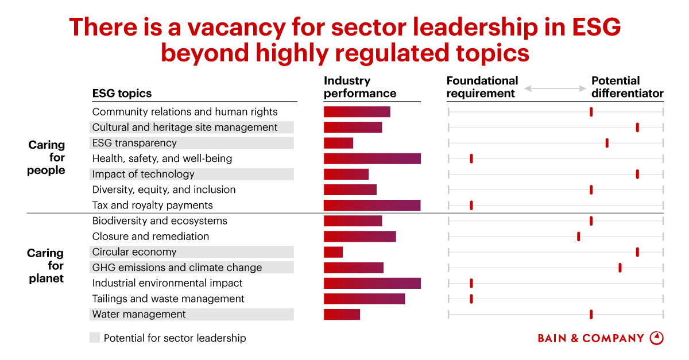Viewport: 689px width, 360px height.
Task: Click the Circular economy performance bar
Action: click(333, 252)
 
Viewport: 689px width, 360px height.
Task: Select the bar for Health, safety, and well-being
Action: click(372, 158)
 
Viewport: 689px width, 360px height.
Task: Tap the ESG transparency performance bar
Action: click(338, 143)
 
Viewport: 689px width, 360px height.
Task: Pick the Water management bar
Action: click(342, 314)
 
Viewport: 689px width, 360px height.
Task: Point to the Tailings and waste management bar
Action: click(364, 299)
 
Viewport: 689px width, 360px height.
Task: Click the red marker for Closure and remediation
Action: click(578, 237)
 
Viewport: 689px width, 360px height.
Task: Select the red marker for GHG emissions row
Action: click(620, 268)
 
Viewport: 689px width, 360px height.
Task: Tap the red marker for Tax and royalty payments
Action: click(471, 206)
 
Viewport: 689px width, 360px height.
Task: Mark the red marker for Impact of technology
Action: click(637, 174)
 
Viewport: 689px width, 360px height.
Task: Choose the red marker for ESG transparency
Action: click(607, 143)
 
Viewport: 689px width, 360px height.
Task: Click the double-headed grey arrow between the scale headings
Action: click(555, 88)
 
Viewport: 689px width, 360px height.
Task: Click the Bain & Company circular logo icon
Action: click(656, 338)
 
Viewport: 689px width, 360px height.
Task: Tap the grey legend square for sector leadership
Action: click(95, 338)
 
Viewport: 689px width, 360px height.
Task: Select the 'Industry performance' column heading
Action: click(360, 87)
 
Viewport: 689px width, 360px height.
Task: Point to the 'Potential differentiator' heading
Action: click(627, 87)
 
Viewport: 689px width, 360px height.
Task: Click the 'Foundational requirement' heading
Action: click(482, 87)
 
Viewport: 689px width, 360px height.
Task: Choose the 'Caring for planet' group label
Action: click(45, 266)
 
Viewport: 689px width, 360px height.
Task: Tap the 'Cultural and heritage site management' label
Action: click(185, 127)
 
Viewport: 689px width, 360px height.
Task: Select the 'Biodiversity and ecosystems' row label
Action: click(160, 221)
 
